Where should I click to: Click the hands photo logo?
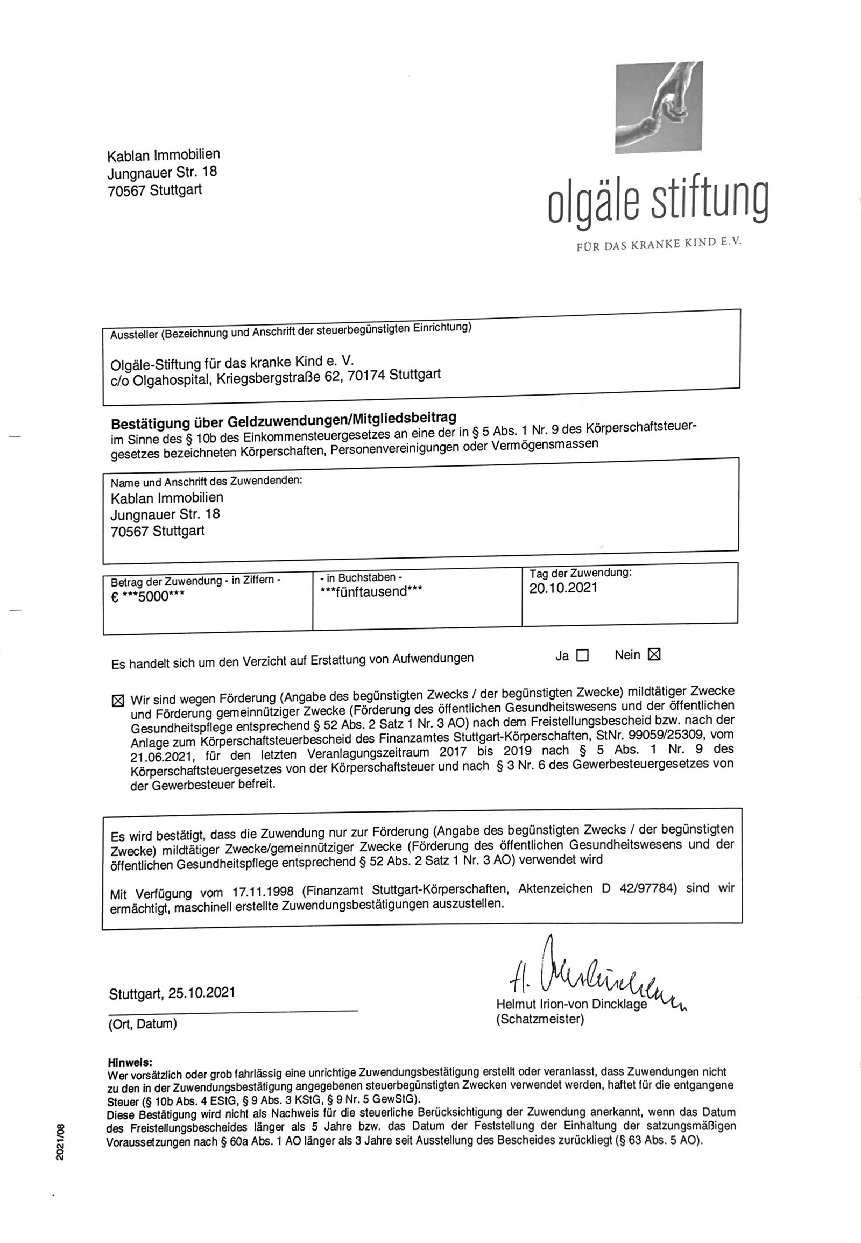point(659,108)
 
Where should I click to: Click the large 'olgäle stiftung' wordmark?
point(658,202)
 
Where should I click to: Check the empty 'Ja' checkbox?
point(582,655)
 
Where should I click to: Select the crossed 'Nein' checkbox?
point(654,654)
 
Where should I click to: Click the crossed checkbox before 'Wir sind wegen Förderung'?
point(117,701)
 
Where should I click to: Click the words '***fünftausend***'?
point(371,592)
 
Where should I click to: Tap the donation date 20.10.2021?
point(563,588)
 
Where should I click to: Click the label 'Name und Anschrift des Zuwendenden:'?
point(207,481)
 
